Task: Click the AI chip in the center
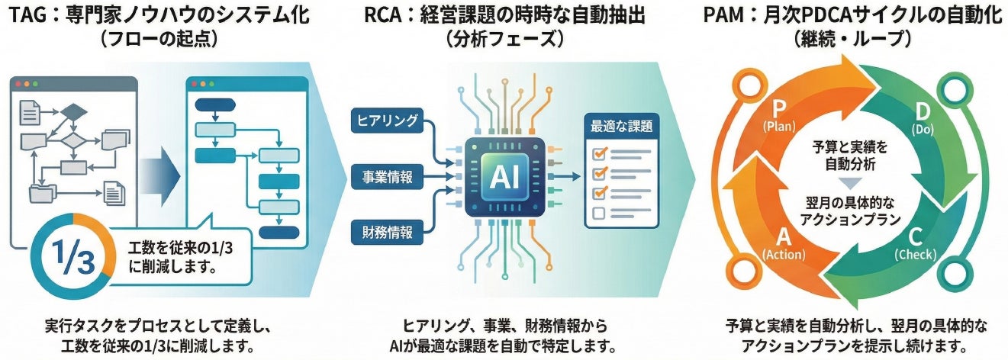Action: (504, 177)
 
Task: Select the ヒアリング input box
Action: (388, 120)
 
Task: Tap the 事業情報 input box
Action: (388, 177)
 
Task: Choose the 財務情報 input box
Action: (388, 232)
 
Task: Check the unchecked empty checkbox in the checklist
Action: (599, 214)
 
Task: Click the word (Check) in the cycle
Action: (915, 256)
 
